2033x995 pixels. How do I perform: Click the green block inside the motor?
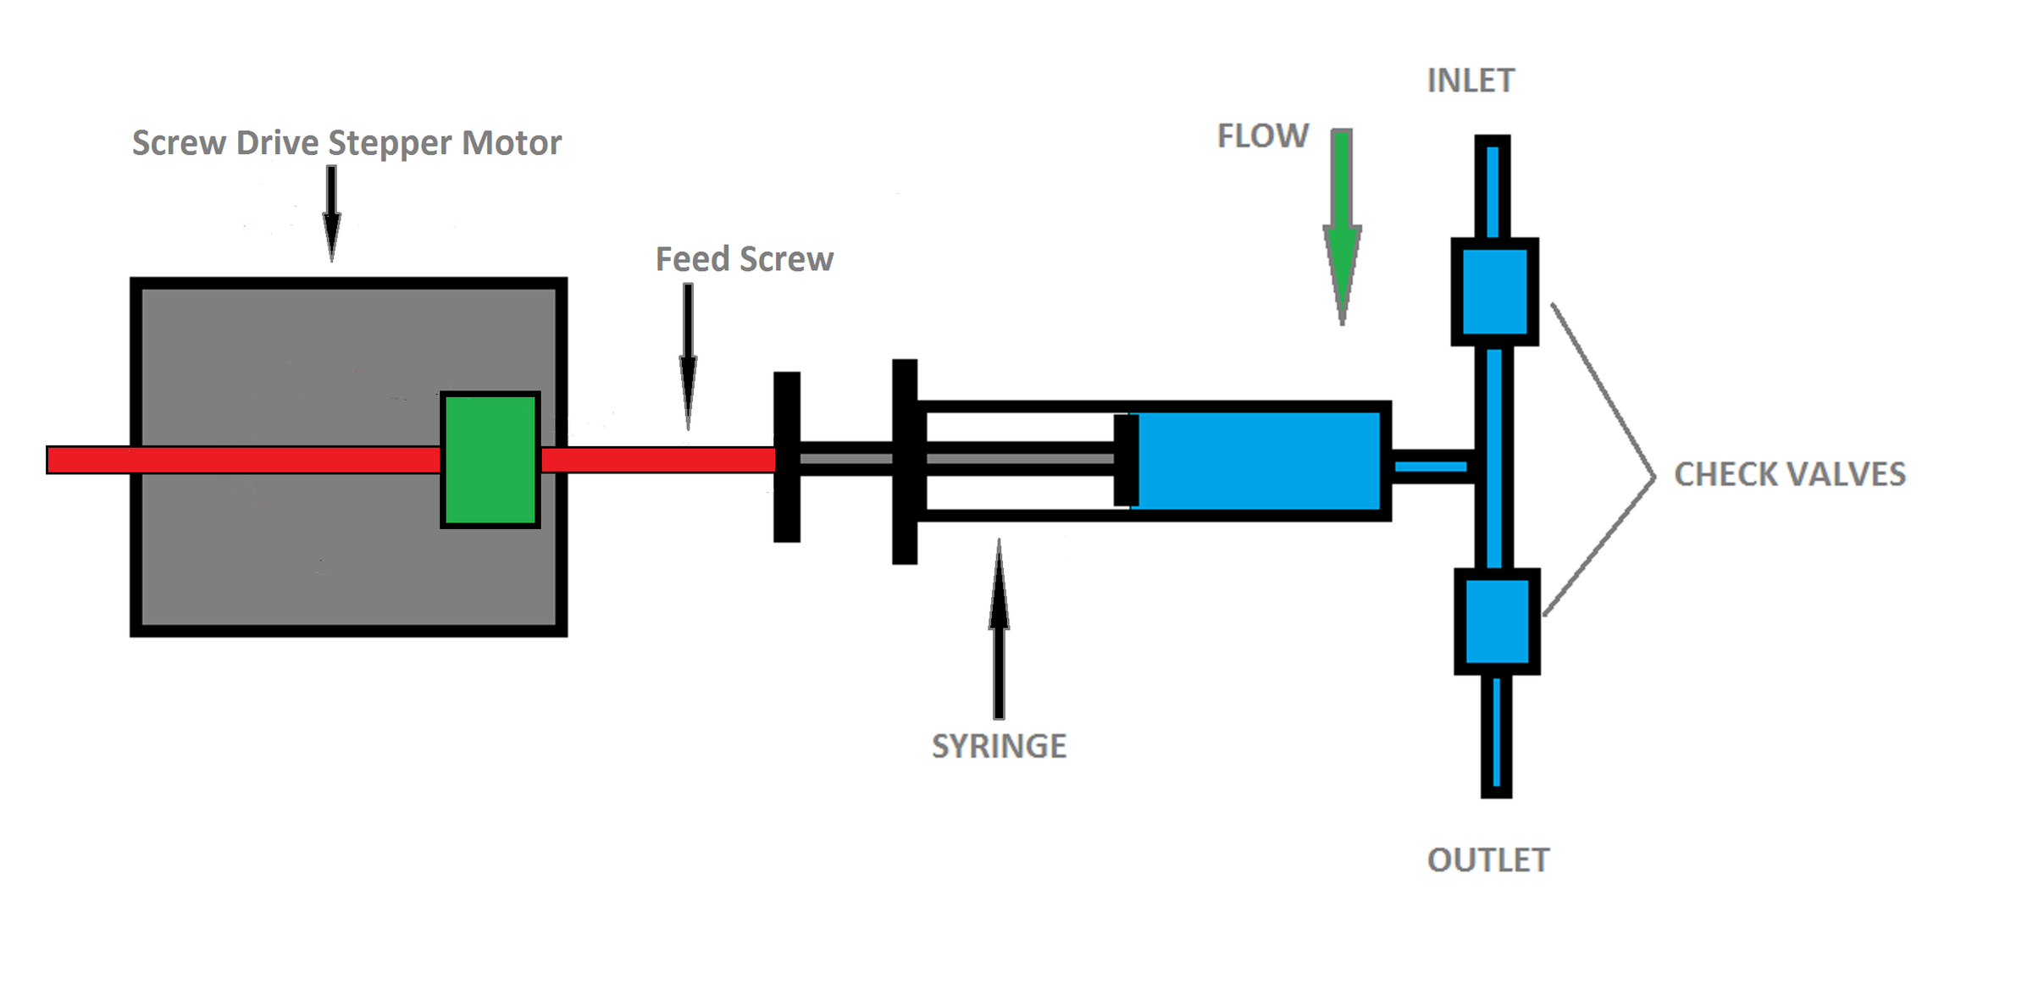click(x=490, y=460)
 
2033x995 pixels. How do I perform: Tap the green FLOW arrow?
click(x=1342, y=229)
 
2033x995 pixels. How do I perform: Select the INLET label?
click(x=1471, y=81)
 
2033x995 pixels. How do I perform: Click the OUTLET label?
click(x=1488, y=860)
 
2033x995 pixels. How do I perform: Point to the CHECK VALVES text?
click(x=1789, y=474)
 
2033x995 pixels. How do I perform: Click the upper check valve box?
click(x=1494, y=291)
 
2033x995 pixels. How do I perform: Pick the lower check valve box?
click(x=1497, y=622)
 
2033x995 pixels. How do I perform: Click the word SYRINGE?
click(x=999, y=746)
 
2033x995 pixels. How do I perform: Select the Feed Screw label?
click(x=744, y=259)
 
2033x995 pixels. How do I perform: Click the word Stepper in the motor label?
click(x=390, y=143)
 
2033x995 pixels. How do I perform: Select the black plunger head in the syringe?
click(x=1126, y=460)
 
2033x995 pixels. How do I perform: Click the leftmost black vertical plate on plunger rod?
click(x=787, y=456)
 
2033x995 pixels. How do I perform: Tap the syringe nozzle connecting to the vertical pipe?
click(x=1432, y=467)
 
